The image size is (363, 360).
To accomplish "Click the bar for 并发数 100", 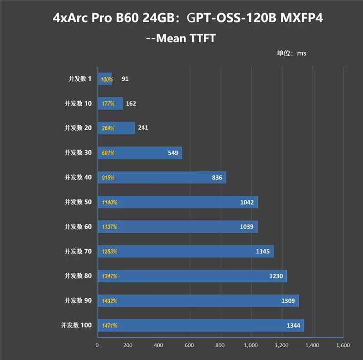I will coord(201,326).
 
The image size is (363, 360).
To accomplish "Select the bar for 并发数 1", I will coord(105,79).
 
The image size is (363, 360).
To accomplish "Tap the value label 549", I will coord(173,153).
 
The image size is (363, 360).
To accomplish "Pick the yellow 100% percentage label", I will coord(107,80).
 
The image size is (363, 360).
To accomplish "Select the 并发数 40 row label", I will coord(78,177).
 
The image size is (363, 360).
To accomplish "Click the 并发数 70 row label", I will coord(78,251).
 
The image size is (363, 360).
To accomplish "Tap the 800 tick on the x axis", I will coord(221,345).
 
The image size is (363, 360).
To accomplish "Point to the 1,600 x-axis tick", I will coord(343,345).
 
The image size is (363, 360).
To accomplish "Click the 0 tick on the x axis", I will coord(97,345).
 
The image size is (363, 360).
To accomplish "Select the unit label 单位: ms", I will coord(291,53).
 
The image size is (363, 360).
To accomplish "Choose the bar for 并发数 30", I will coord(140,153).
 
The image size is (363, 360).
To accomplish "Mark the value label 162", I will coord(131,103).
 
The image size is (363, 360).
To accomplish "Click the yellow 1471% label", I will coord(109,326).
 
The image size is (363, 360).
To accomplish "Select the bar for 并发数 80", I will coord(192,276).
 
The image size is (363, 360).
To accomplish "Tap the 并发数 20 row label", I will coord(78,128).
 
